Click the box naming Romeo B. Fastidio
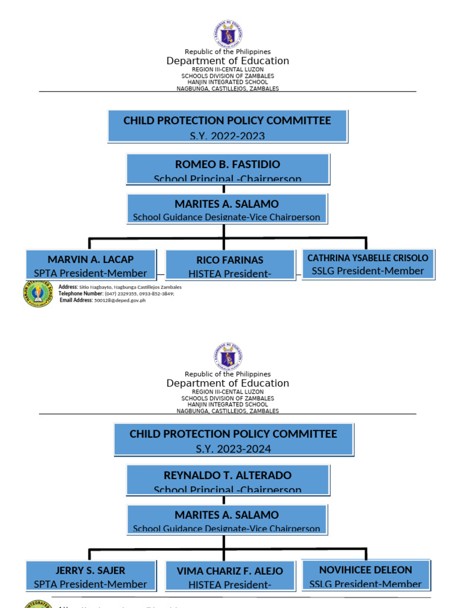point(227,169)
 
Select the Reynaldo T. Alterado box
point(227,480)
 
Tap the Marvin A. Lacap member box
point(90,265)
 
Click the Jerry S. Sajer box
point(90,576)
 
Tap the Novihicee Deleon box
point(366,575)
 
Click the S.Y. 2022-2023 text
point(227,136)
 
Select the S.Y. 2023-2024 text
point(233,449)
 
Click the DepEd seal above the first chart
point(228,34)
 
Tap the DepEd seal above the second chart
point(228,356)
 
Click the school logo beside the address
point(39,293)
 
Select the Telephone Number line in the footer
point(116,293)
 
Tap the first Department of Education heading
point(227,61)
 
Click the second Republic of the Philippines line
point(227,374)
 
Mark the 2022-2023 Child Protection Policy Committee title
point(227,121)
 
